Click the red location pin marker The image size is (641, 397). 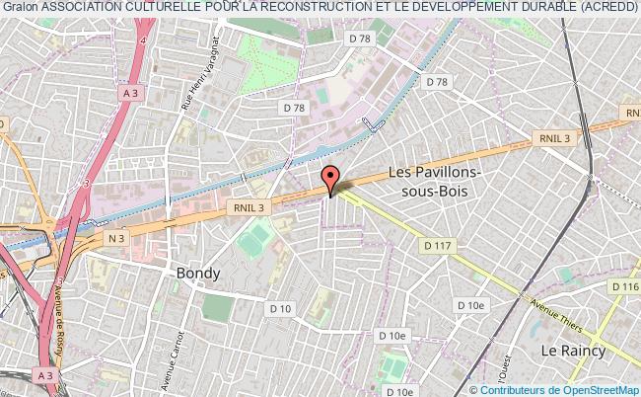(331, 179)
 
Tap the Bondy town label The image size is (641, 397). (199, 274)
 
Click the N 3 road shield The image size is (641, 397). (117, 237)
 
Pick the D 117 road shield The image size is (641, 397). (437, 242)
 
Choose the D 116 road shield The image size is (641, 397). (624, 286)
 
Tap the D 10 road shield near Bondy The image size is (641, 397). (281, 309)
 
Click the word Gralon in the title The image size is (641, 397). (20, 9)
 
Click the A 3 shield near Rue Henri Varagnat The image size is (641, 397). (130, 93)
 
